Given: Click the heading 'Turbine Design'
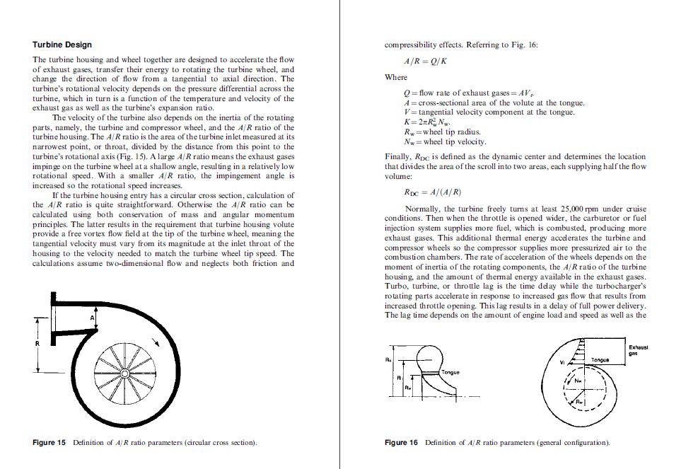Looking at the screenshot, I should click(62, 45).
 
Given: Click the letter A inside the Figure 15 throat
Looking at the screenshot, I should click(91, 319).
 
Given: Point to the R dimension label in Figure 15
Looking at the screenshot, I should click(39, 343).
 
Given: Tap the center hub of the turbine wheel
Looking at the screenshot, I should click(124, 372).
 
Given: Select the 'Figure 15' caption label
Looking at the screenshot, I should click(50, 443).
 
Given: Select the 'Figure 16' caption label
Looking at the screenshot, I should click(401, 443).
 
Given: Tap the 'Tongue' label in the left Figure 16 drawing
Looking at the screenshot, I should click(450, 371).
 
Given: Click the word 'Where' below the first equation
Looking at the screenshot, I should click(396, 77).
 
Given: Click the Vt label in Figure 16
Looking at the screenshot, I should click(563, 361).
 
